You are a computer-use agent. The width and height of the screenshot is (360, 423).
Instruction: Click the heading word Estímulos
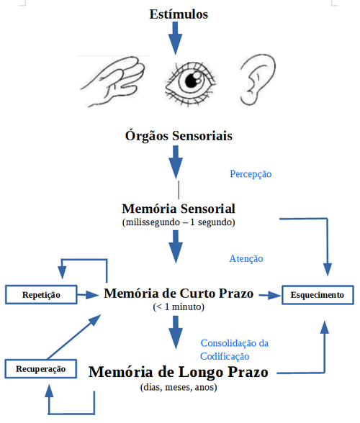[x=179, y=14]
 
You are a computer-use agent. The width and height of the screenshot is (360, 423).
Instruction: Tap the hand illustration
[x=113, y=81]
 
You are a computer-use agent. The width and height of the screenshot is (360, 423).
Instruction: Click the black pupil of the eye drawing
[x=192, y=80]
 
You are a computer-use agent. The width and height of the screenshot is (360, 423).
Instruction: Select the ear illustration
[x=257, y=80]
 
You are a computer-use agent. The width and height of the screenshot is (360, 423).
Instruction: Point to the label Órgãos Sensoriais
[x=179, y=135]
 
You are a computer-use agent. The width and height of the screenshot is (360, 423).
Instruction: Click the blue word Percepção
[x=251, y=174]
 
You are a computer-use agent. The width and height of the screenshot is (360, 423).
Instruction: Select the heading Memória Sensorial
[x=179, y=209]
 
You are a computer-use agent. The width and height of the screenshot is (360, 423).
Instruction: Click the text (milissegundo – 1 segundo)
[x=179, y=222]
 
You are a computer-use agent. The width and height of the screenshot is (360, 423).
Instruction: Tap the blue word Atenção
[x=246, y=259]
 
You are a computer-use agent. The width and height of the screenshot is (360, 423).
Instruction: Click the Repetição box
[x=41, y=295]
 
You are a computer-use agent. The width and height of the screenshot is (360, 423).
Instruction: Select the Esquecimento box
[x=318, y=295]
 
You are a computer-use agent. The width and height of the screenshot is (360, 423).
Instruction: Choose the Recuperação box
[x=41, y=369]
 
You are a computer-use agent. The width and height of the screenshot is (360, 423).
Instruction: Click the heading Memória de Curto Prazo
[x=179, y=294]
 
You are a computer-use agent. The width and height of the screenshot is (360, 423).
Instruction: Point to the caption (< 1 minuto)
[x=179, y=307]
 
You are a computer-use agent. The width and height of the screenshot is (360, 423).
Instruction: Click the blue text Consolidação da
[x=235, y=343]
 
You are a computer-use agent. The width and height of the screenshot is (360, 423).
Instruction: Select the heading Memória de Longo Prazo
[x=179, y=372]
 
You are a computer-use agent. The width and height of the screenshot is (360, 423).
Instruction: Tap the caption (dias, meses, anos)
[x=179, y=387]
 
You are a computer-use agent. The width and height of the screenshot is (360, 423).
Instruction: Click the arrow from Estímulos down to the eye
[x=175, y=38]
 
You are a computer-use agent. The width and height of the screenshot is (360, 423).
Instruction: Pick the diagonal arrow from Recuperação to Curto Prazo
[x=74, y=337]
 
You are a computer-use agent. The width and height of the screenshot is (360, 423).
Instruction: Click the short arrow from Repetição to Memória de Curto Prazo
[x=88, y=295]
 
